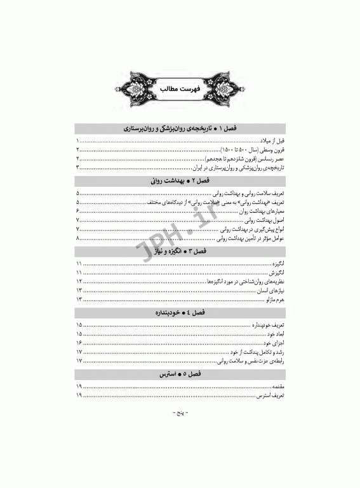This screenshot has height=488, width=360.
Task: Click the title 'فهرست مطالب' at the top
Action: (x=180, y=88)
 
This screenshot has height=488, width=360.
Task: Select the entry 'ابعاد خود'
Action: (x=273, y=332)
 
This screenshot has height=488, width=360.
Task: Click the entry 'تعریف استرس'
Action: (x=269, y=395)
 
